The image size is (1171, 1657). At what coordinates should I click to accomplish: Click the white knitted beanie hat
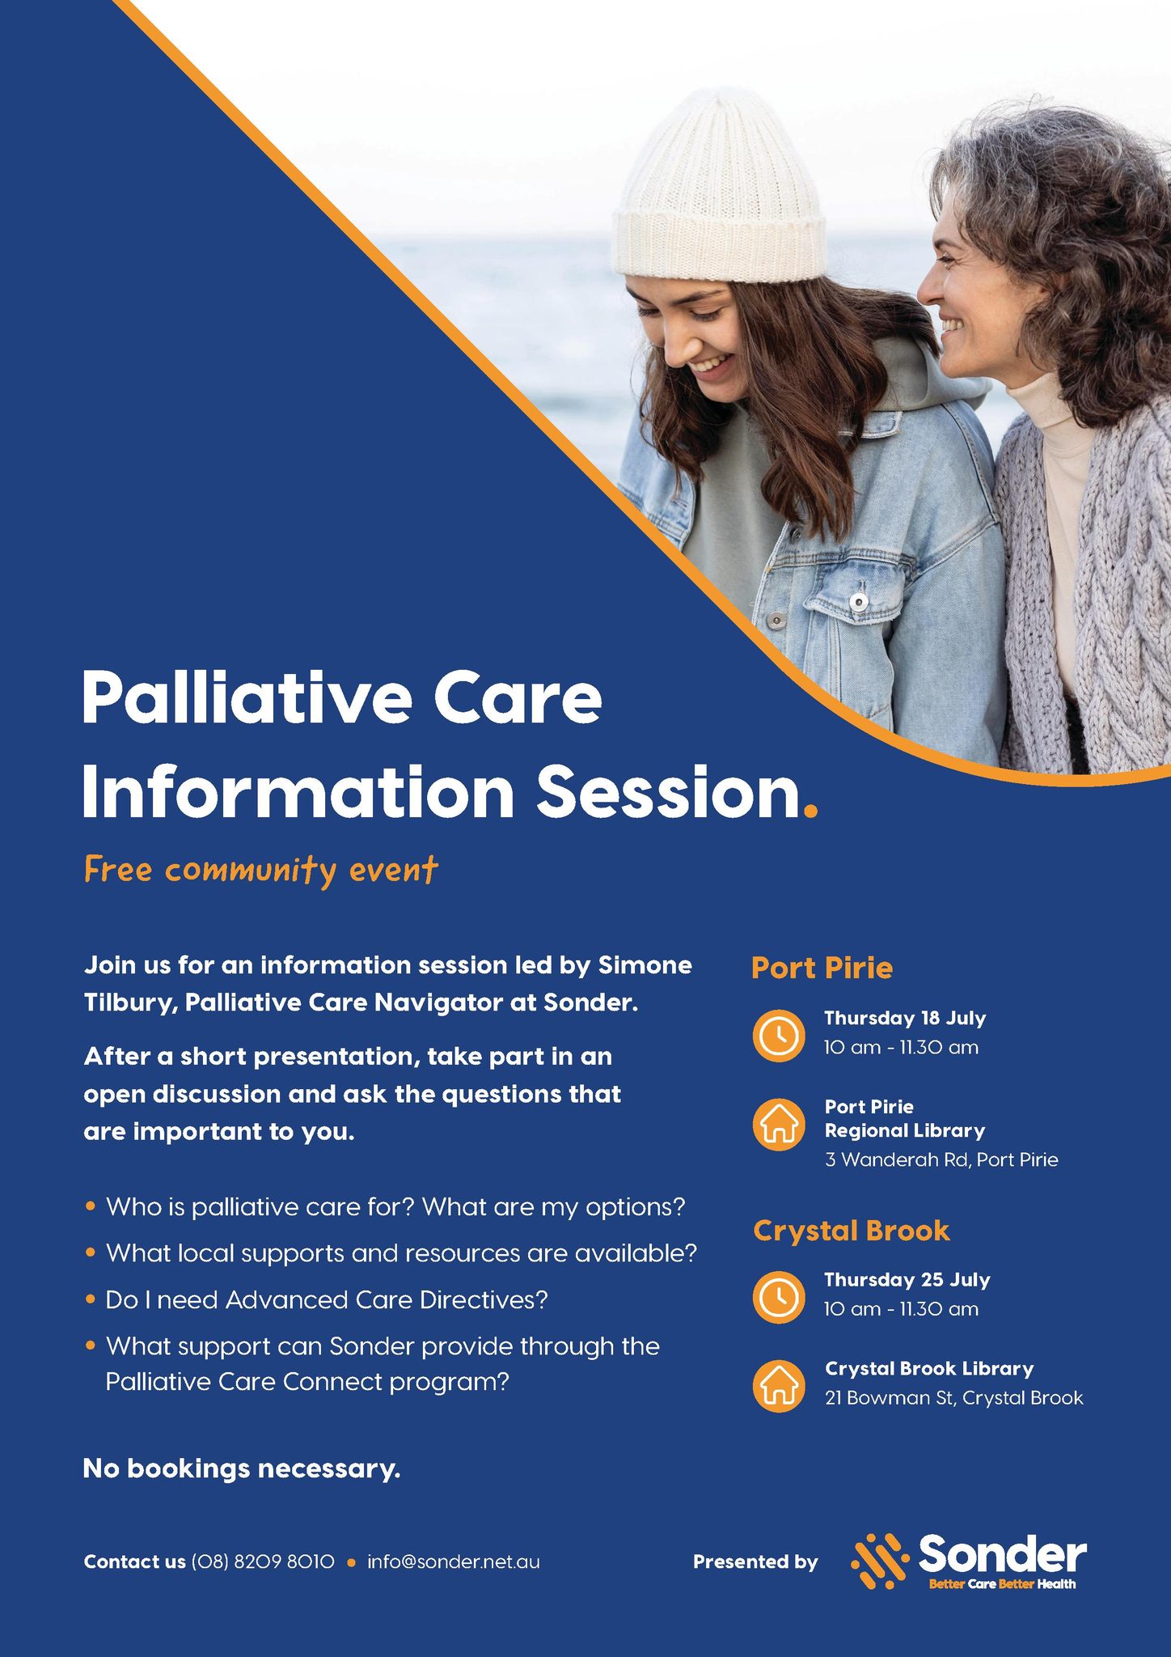tap(719, 191)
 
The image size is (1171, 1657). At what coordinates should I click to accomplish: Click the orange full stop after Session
tap(811, 808)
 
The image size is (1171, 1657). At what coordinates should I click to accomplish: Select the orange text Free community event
tap(261, 871)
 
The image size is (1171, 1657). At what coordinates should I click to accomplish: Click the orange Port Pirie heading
tap(822, 968)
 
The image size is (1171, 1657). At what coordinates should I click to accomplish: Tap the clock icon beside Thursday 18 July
tap(778, 1034)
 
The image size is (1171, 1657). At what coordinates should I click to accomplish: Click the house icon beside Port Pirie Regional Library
tap(778, 1124)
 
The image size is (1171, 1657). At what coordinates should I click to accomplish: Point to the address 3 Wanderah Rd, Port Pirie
tap(941, 1159)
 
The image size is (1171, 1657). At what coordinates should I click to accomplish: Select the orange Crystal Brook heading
tap(851, 1231)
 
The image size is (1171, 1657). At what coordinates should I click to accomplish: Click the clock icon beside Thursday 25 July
tap(778, 1296)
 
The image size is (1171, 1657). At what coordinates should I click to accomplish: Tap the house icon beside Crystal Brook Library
tap(778, 1385)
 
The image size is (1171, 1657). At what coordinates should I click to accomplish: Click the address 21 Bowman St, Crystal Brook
tap(953, 1398)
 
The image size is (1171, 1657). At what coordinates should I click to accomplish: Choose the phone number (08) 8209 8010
tap(263, 1562)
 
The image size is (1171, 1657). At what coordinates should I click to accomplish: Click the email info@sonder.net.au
tap(453, 1562)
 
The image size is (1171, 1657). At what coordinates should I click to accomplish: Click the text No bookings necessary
tap(242, 1468)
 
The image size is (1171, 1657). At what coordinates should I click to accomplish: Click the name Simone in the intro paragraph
tap(645, 965)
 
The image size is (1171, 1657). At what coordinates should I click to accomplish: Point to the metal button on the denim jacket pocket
tap(859, 601)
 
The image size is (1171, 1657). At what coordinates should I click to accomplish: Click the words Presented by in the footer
tap(755, 1562)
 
